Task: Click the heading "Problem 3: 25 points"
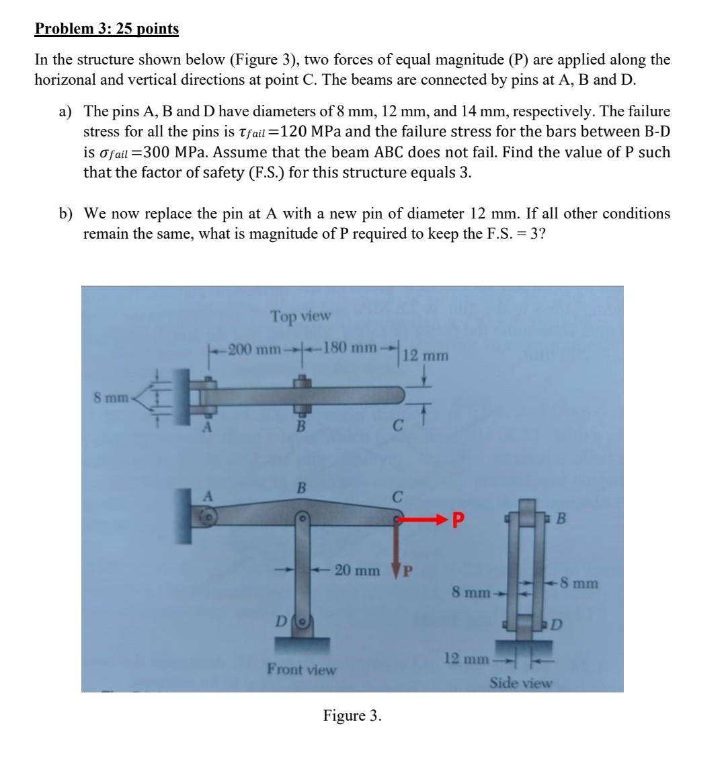tap(107, 29)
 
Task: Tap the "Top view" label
tap(300, 315)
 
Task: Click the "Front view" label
tap(301, 669)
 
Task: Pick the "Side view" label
tap(520, 683)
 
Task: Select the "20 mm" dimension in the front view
tap(357, 571)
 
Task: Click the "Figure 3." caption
tap(352, 715)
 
